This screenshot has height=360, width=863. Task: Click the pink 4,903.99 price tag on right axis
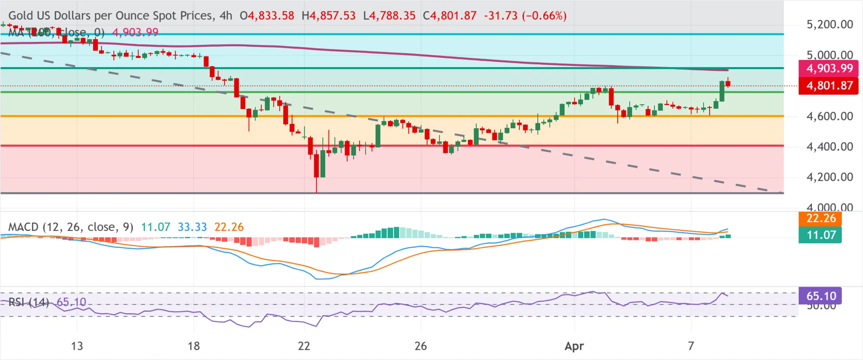click(x=828, y=68)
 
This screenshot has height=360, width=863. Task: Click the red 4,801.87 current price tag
click(x=828, y=86)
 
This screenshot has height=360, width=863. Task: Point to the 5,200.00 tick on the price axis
click(x=829, y=24)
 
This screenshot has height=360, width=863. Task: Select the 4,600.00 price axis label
click(x=829, y=116)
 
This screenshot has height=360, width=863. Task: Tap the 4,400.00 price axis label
click(x=829, y=147)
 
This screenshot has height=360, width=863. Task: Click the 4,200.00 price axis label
click(x=829, y=177)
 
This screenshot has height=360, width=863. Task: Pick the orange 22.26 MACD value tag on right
click(x=820, y=218)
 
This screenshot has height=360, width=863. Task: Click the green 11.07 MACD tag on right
click(x=820, y=235)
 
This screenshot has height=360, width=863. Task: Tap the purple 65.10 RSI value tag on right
click(x=820, y=296)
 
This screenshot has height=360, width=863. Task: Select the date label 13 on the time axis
click(x=77, y=346)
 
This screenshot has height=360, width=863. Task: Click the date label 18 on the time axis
click(x=193, y=346)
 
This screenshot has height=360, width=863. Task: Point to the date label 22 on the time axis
click(x=304, y=346)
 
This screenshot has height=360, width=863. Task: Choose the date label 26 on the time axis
click(x=421, y=346)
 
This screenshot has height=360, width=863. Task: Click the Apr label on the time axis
click(x=574, y=346)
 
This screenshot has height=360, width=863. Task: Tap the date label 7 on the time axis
click(x=691, y=346)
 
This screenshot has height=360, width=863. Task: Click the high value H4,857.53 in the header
click(x=329, y=16)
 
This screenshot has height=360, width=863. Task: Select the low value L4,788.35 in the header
click(x=389, y=16)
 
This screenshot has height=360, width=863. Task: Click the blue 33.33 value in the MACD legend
click(x=192, y=227)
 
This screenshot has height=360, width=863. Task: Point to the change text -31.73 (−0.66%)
click(x=525, y=16)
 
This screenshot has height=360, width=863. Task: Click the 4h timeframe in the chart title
click(x=226, y=16)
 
